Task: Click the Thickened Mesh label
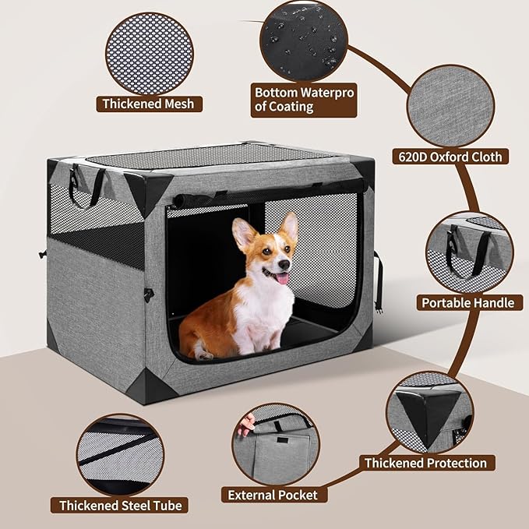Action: click(x=149, y=103)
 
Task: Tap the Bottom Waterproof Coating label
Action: click(x=305, y=100)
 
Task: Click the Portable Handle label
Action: click(x=468, y=302)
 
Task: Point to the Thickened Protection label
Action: click(x=425, y=463)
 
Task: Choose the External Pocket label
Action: click(x=273, y=494)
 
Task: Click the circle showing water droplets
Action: click(x=304, y=36)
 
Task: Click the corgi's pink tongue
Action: click(x=282, y=278)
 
